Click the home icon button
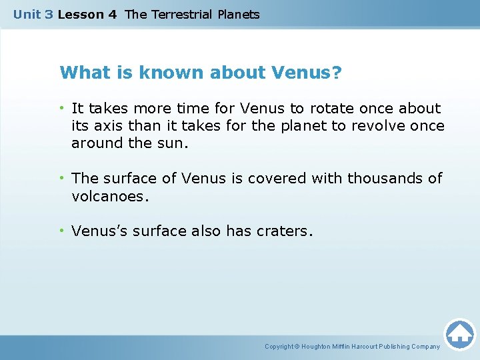pos(459,334)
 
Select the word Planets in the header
pos(239,14)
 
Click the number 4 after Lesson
pos(112,14)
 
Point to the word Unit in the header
pos(27,14)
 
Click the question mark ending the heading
pos(337,72)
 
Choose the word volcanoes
pos(109,196)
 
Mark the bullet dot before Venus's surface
pos(61,231)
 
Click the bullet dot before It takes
pos(61,107)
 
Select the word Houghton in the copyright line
pos(317,347)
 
